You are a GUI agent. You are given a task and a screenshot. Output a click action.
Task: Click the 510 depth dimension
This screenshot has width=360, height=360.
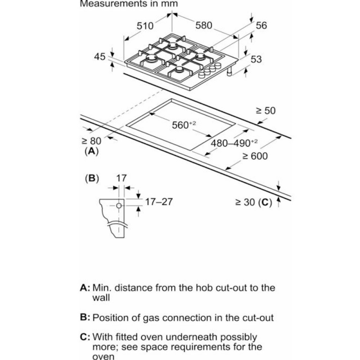coord(145,26)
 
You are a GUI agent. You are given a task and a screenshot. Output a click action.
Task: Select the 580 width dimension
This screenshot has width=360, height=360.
coord(203,26)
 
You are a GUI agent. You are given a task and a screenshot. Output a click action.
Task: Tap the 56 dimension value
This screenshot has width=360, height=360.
coord(261,26)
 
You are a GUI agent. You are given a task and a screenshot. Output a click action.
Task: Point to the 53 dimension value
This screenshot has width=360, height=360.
coord(256,59)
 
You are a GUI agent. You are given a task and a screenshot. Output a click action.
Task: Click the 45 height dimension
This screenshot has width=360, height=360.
coord(100,57)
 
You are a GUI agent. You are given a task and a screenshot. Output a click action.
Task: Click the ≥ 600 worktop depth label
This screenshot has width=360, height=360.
coord(255,156)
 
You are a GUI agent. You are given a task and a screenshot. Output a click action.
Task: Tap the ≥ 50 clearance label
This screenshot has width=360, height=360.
coord(265,110)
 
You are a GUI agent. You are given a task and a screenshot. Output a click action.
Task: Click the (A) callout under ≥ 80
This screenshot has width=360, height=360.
coord(91,152)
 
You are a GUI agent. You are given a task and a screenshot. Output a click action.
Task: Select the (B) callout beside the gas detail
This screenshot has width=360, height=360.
coord(92,178)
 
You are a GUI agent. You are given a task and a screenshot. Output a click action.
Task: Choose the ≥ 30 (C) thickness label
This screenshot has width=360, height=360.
coord(253,202)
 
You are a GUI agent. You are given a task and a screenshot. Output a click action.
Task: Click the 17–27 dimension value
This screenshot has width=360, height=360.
coord(158,202)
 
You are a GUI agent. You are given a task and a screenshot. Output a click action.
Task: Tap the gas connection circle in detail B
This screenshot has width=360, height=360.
coord(118,206)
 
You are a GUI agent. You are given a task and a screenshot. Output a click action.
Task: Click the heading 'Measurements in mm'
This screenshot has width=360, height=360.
coord(129,4)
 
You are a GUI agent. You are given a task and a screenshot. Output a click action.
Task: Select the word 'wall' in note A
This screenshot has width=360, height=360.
coord(102,297)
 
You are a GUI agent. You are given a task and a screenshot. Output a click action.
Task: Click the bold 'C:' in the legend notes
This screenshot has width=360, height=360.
coord(85,337)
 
